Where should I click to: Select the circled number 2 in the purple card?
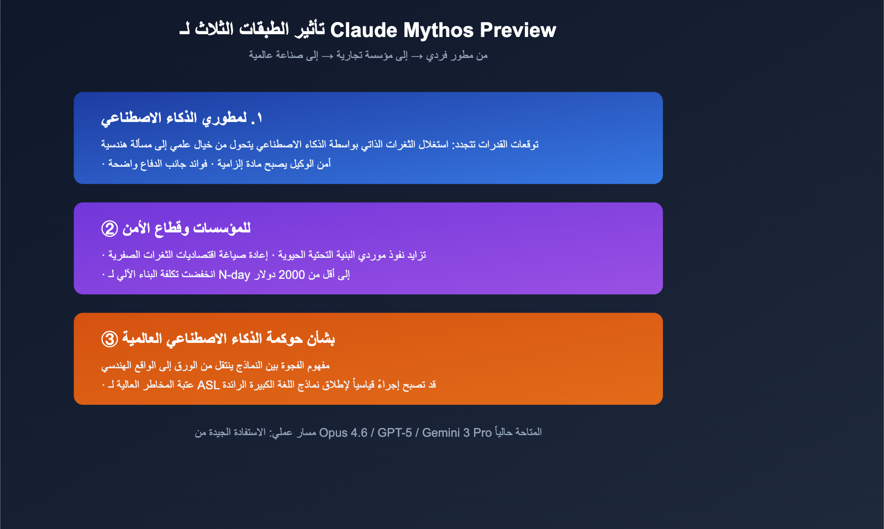click(109, 228)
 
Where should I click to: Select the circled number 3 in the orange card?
click(109, 338)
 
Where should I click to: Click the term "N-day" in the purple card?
click(235, 274)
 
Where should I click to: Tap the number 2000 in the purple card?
click(292, 274)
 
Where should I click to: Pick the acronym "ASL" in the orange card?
click(209, 385)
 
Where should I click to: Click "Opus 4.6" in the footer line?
click(343, 432)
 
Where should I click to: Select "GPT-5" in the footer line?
click(394, 432)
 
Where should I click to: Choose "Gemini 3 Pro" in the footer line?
click(457, 432)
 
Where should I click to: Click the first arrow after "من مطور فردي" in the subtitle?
click(417, 55)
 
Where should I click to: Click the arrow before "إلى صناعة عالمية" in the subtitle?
click(328, 55)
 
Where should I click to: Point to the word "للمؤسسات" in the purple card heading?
click(224, 228)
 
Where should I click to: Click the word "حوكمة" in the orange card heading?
click(287, 338)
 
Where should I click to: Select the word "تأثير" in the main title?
click(309, 30)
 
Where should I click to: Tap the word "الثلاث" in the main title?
click(215, 30)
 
